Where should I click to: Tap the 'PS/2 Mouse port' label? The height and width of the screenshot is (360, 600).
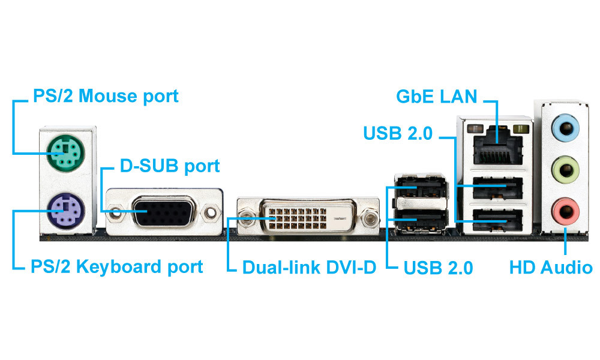104,96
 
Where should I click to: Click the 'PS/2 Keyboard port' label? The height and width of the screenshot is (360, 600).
116,266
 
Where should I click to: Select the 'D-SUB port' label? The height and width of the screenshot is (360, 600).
170,166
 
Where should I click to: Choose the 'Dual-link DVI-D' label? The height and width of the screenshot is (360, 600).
309,267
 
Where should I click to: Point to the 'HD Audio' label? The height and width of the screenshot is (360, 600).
551,267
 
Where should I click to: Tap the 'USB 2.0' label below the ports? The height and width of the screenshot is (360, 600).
439,267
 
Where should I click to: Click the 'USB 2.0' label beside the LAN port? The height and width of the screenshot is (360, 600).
398,133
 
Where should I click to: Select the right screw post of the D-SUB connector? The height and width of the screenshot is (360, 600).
210,212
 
